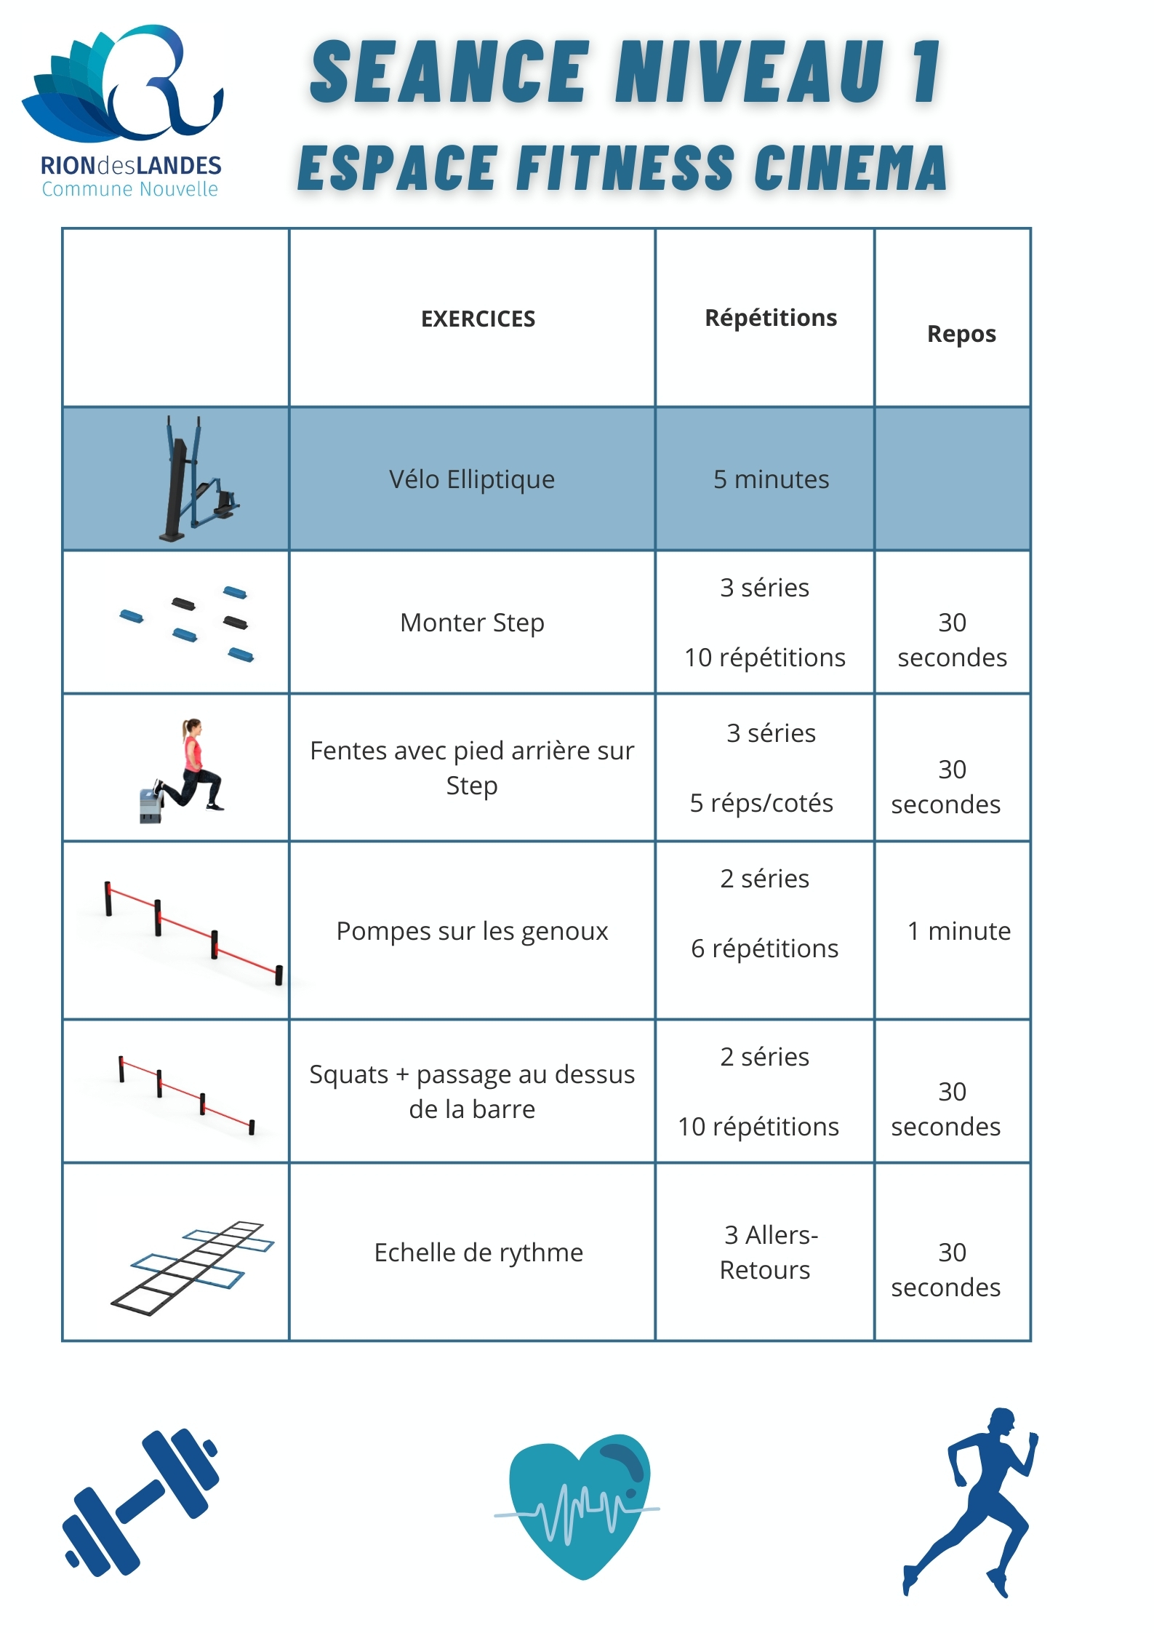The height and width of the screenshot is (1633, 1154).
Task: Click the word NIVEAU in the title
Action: pyautogui.click(x=749, y=73)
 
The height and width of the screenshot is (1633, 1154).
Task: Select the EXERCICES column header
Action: pyautogui.click(x=478, y=319)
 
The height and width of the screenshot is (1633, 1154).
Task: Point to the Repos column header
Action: pyautogui.click(x=961, y=334)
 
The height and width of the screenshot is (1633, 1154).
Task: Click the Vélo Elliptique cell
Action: pyautogui.click(x=471, y=480)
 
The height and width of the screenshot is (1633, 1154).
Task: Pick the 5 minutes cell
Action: pyautogui.click(x=771, y=480)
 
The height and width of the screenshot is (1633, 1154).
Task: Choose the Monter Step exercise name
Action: pyautogui.click(x=472, y=623)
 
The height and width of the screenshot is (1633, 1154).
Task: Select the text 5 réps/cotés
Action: pyautogui.click(x=761, y=803)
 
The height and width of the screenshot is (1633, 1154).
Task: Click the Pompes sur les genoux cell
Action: pyautogui.click(x=472, y=931)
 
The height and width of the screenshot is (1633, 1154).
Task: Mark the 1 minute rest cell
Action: pyautogui.click(x=958, y=931)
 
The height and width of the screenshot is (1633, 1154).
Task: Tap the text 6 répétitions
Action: pyautogui.click(x=764, y=949)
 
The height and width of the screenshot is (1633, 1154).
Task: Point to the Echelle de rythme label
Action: pyautogui.click(x=478, y=1253)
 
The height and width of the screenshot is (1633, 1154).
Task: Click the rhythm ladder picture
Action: pyautogui.click(x=193, y=1267)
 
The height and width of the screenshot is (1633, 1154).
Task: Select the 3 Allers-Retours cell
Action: pyautogui.click(x=769, y=1253)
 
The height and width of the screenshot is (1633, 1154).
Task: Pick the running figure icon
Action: pyautogui.click(x=971, y=1502)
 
